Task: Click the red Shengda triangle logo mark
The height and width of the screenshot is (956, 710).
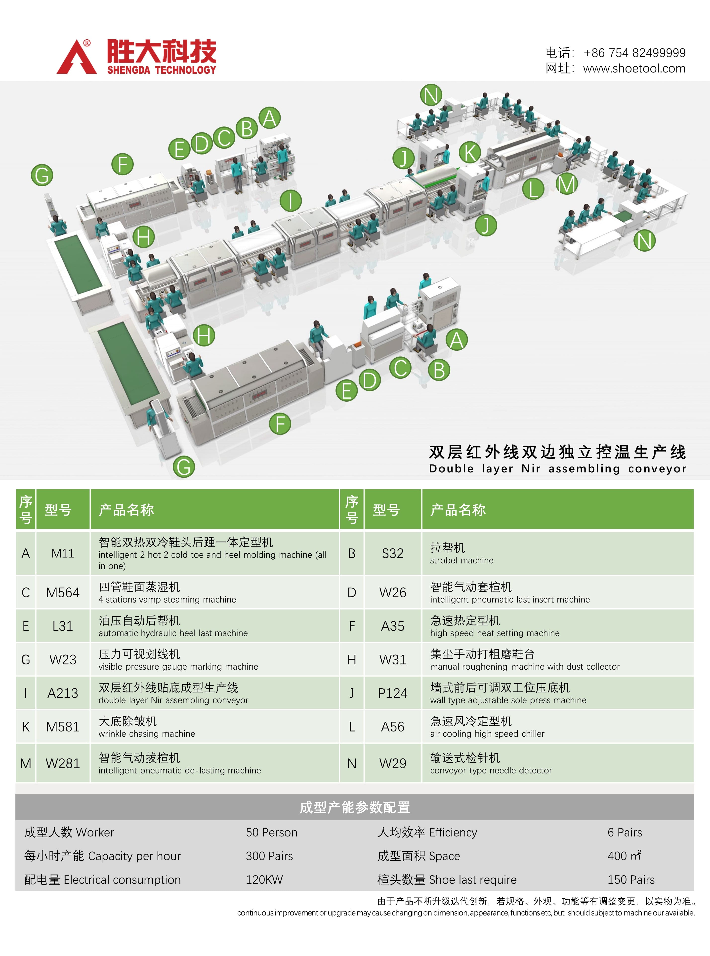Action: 77,58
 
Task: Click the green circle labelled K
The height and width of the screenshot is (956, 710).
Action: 469,153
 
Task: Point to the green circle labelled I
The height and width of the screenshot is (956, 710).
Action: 291,200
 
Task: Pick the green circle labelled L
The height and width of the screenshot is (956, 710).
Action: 533,189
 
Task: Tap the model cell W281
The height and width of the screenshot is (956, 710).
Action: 63,763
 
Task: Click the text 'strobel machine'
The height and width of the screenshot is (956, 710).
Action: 461,560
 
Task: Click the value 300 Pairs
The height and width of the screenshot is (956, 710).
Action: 269,856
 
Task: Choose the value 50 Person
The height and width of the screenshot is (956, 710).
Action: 271,832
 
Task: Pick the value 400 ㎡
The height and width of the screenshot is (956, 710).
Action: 624,856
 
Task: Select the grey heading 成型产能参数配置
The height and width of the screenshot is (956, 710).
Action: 355,807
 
